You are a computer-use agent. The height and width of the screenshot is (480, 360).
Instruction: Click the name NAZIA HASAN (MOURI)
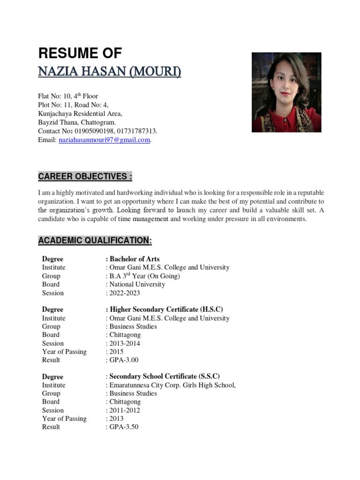pyautogui.click(x=109, y=72)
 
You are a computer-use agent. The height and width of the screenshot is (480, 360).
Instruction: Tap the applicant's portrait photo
pyautogui.click(x=286, y=92)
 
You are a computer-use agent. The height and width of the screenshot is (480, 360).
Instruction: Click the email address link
pyautogui.click(x=104, y=140)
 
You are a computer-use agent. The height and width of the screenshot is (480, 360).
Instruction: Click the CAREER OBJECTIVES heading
pyautogui.click(x=85, y=177)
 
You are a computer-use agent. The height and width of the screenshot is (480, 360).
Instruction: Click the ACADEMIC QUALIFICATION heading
pyautogui.click(x=95, y=240)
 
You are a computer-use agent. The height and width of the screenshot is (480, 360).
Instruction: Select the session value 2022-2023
pyautogui.click(x=125, y=293)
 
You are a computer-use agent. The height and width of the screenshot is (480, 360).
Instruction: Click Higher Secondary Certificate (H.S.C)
pyautogui.click(x=166, y=309)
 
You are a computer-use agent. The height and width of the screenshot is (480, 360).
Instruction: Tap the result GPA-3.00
pyautogui.click(x=124, y=360)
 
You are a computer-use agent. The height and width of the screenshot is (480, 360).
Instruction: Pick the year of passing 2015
pyautogui.click(x=117, y=352)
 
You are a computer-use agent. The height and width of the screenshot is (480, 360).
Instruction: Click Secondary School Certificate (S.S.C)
pyautogui.click(x=164, y=376)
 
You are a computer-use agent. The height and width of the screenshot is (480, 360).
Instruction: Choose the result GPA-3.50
pyautogui.click(x=124, y=427)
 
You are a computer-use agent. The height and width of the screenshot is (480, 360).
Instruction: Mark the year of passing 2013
pyautogui.click(x=117, y=419)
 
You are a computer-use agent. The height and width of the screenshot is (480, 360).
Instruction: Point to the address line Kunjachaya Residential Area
pyautogui.click(x=80, y=114)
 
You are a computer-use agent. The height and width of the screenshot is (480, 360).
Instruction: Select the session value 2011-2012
pyautogui.click(x=125, y=410)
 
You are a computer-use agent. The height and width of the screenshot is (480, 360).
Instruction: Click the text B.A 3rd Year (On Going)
pyautogui.click(x=144, y=276)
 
